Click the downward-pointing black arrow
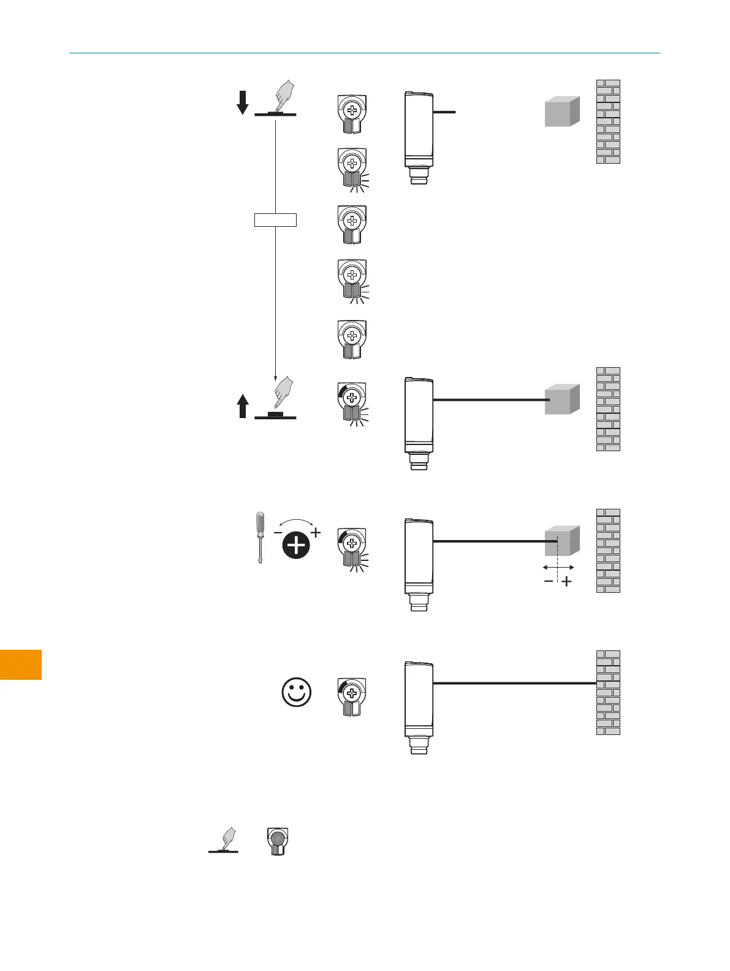243,102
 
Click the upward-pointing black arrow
243,406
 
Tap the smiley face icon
297,693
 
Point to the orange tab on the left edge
21,664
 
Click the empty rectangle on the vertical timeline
275,219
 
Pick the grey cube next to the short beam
562,112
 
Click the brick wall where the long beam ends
608,692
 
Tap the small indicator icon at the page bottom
278,842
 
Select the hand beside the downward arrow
283,97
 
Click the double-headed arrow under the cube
558,568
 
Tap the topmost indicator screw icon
352,114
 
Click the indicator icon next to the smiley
352,696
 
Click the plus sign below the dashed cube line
567,582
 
